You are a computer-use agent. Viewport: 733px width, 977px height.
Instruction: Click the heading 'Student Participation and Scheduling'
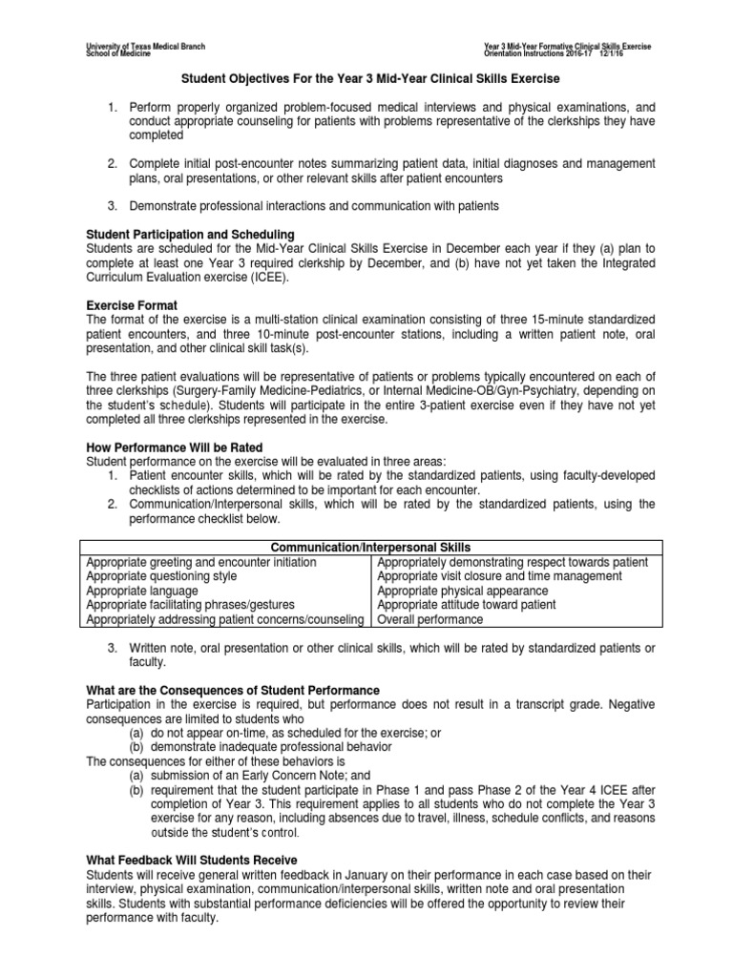(x=191, y=235)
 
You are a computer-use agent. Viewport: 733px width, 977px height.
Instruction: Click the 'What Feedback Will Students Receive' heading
(x=191, y=860)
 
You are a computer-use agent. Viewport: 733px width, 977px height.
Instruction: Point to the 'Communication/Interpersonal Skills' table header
(x=370, y=548)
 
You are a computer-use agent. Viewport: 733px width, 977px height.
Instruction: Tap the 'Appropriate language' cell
(x=142, y=591)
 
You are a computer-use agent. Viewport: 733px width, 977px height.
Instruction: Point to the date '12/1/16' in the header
(x=639, y=53)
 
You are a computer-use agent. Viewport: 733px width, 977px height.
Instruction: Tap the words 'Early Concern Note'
(x=259, y=775)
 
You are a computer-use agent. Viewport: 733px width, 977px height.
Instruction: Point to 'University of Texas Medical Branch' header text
(x=145, y=46)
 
